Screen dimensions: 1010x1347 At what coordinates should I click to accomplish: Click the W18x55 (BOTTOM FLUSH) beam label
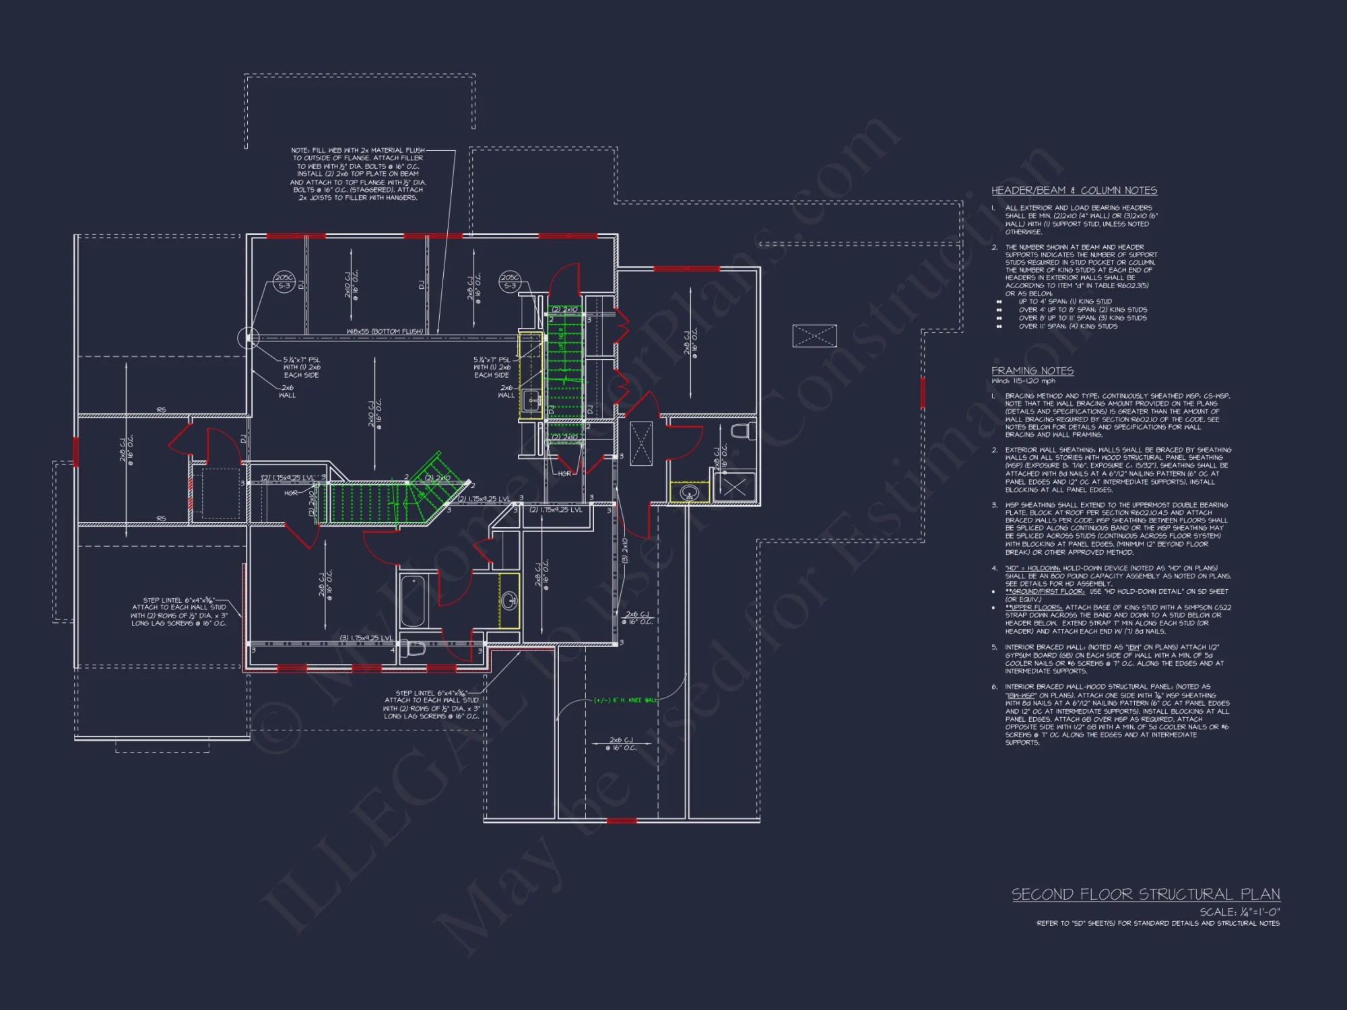(385, 331)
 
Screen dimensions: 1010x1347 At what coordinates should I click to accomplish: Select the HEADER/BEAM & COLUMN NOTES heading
(1074, 191)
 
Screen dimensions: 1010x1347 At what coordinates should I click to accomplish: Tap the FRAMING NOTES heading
(1032, 371)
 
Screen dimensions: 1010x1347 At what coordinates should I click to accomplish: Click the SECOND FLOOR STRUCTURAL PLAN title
(1145, 894)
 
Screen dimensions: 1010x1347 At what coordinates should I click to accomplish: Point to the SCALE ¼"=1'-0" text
(1239, 912)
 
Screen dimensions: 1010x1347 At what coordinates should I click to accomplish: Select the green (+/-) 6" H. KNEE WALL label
(624, 700)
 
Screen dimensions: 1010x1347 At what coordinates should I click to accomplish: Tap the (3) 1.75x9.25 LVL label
(366, 638)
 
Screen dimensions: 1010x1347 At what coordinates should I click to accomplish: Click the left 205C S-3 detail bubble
(284, 281)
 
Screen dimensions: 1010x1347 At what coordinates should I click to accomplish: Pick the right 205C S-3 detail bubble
(510, 281)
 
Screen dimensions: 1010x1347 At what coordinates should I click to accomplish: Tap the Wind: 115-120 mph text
(1023, 381)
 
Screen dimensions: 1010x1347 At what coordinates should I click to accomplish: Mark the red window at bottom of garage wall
(621, 821)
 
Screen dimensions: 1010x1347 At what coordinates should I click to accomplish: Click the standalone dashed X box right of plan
(814, 335)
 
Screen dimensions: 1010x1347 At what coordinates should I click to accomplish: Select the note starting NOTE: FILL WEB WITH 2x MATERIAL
(358, 174)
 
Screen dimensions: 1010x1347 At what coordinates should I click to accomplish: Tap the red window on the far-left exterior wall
(76, 452)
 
